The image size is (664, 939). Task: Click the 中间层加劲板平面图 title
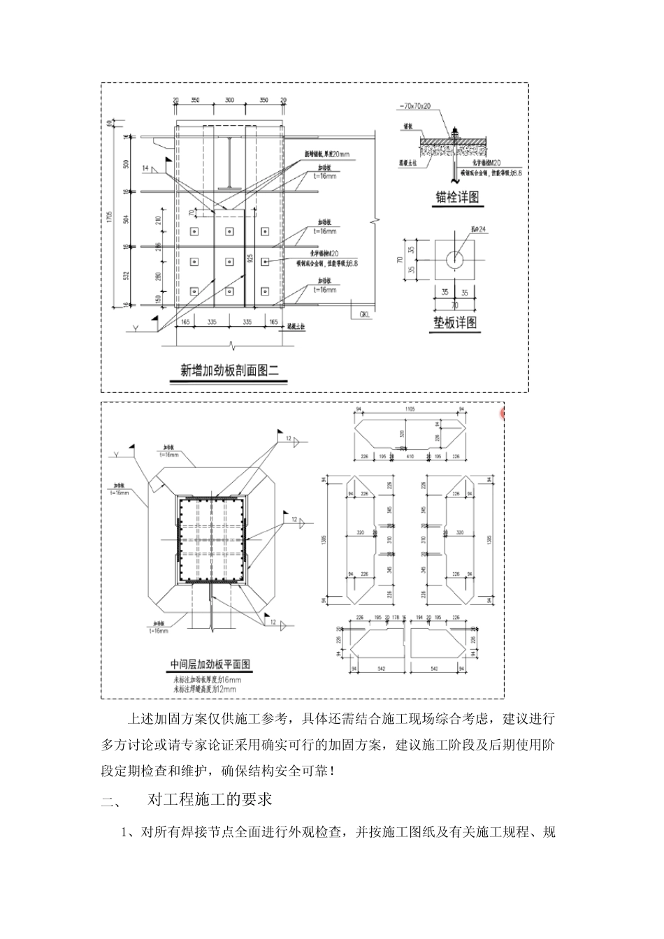pos(210,664)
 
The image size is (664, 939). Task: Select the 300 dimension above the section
pos(229,101)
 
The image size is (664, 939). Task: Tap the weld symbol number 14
pos(145,168)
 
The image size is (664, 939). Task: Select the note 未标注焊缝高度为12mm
pos(204,689)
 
